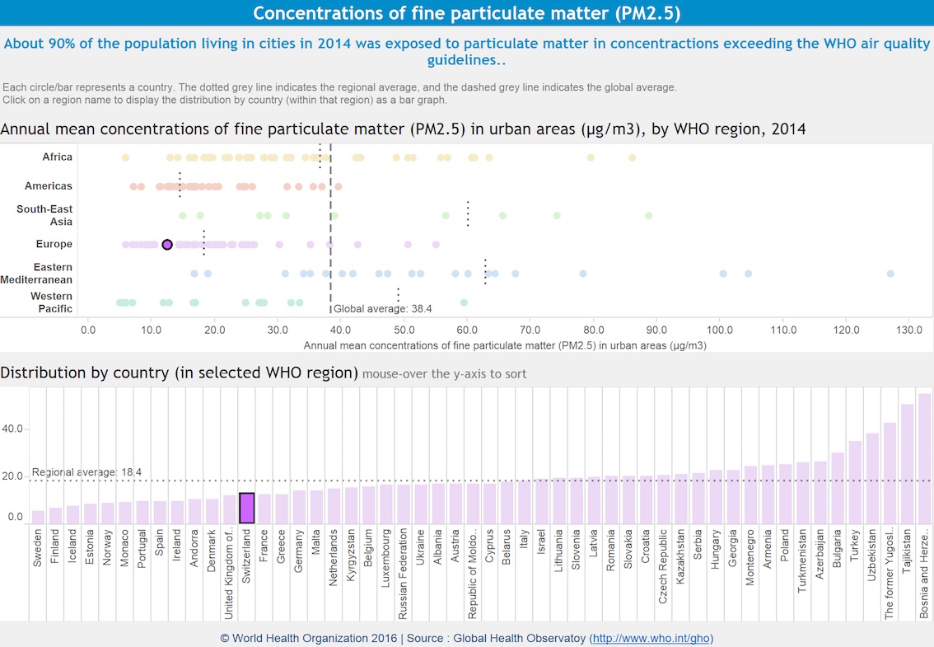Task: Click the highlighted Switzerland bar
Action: tap(246, 508)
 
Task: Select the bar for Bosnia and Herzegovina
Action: tap(924, 458)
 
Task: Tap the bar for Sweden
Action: tap(38, 517)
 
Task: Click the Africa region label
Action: tap(57, 157)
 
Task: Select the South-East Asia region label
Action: tap(44, 215)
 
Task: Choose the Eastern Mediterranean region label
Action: tap(53, 273)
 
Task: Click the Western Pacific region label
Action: tap(51, 302)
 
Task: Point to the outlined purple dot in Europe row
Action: tap(167, 245)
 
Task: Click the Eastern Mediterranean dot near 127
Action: tap(890, 274)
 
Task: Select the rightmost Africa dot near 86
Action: tap(632, 157)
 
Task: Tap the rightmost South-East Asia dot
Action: tap(648, 216)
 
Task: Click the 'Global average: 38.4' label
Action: tap(382, 309)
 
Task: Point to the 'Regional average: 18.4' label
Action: tap(86, 472)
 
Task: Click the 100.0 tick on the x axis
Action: tap(719, 330)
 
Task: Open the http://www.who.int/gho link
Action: tap(651, 638)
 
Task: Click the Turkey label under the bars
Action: tap(855, 569)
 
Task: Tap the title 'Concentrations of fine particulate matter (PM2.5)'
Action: tap(466, 13)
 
